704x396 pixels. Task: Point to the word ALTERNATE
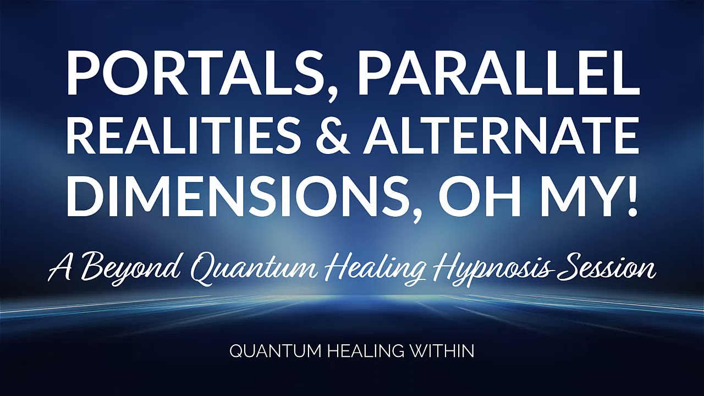point(501,134)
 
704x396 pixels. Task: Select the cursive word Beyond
point(129,269)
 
